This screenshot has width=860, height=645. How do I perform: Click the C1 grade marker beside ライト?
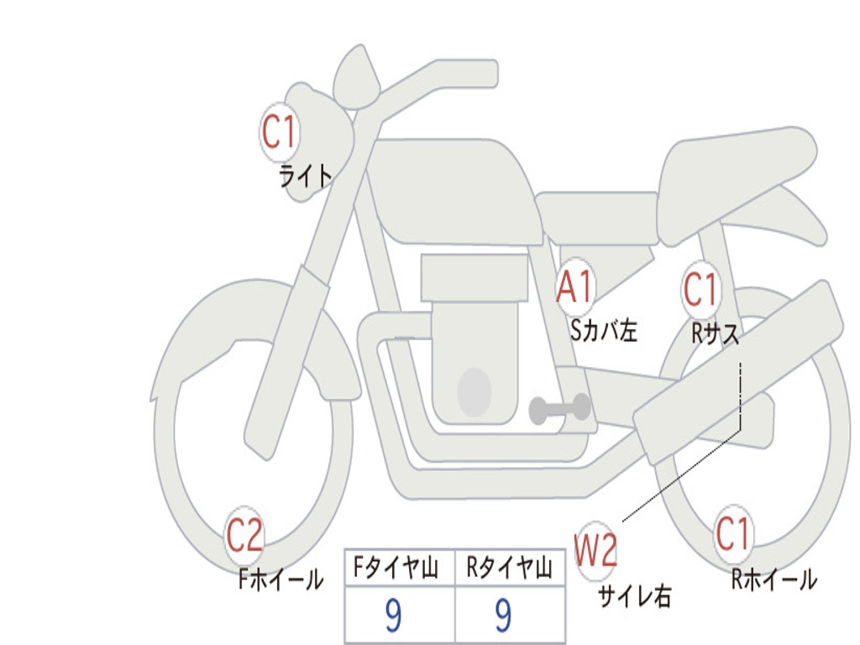pos(280,132)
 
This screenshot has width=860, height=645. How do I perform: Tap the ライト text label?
pos(306,176)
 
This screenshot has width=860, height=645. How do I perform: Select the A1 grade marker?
pos(576,287)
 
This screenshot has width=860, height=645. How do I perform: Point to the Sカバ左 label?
pos(603,330)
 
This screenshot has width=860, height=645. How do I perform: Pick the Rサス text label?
pos(716,333)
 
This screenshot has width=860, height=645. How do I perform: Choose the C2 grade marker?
pos(244,535)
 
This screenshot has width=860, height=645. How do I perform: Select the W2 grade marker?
pos(596,551)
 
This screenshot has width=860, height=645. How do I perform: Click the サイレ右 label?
pos(634,595)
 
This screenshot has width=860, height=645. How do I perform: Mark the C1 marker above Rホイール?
pos(732,533)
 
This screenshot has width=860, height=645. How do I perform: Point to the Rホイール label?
pos(773,579)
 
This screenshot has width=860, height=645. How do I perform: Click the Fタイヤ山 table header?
pos(399,569)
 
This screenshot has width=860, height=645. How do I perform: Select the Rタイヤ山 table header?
pos(510,569)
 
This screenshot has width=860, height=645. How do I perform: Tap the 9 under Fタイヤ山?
pos(393,616)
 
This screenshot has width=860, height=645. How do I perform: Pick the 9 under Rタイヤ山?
pos(503,616)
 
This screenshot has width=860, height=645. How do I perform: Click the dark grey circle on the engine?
pos(474,391)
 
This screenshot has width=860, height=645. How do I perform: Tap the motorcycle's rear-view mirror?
pos(356,77)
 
